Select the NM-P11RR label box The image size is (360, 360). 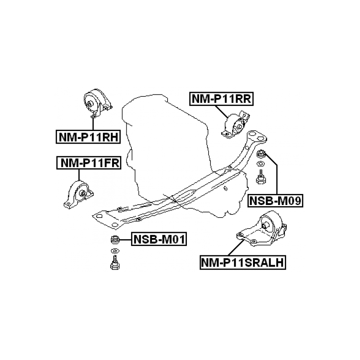(x=222, y=99)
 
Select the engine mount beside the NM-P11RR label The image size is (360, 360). (x=236, y=125)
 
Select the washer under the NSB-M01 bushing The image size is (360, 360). (x=115, y=251)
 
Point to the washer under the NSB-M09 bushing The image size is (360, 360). (x=260, y=164)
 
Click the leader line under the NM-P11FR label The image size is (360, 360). (x=79, y=175)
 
